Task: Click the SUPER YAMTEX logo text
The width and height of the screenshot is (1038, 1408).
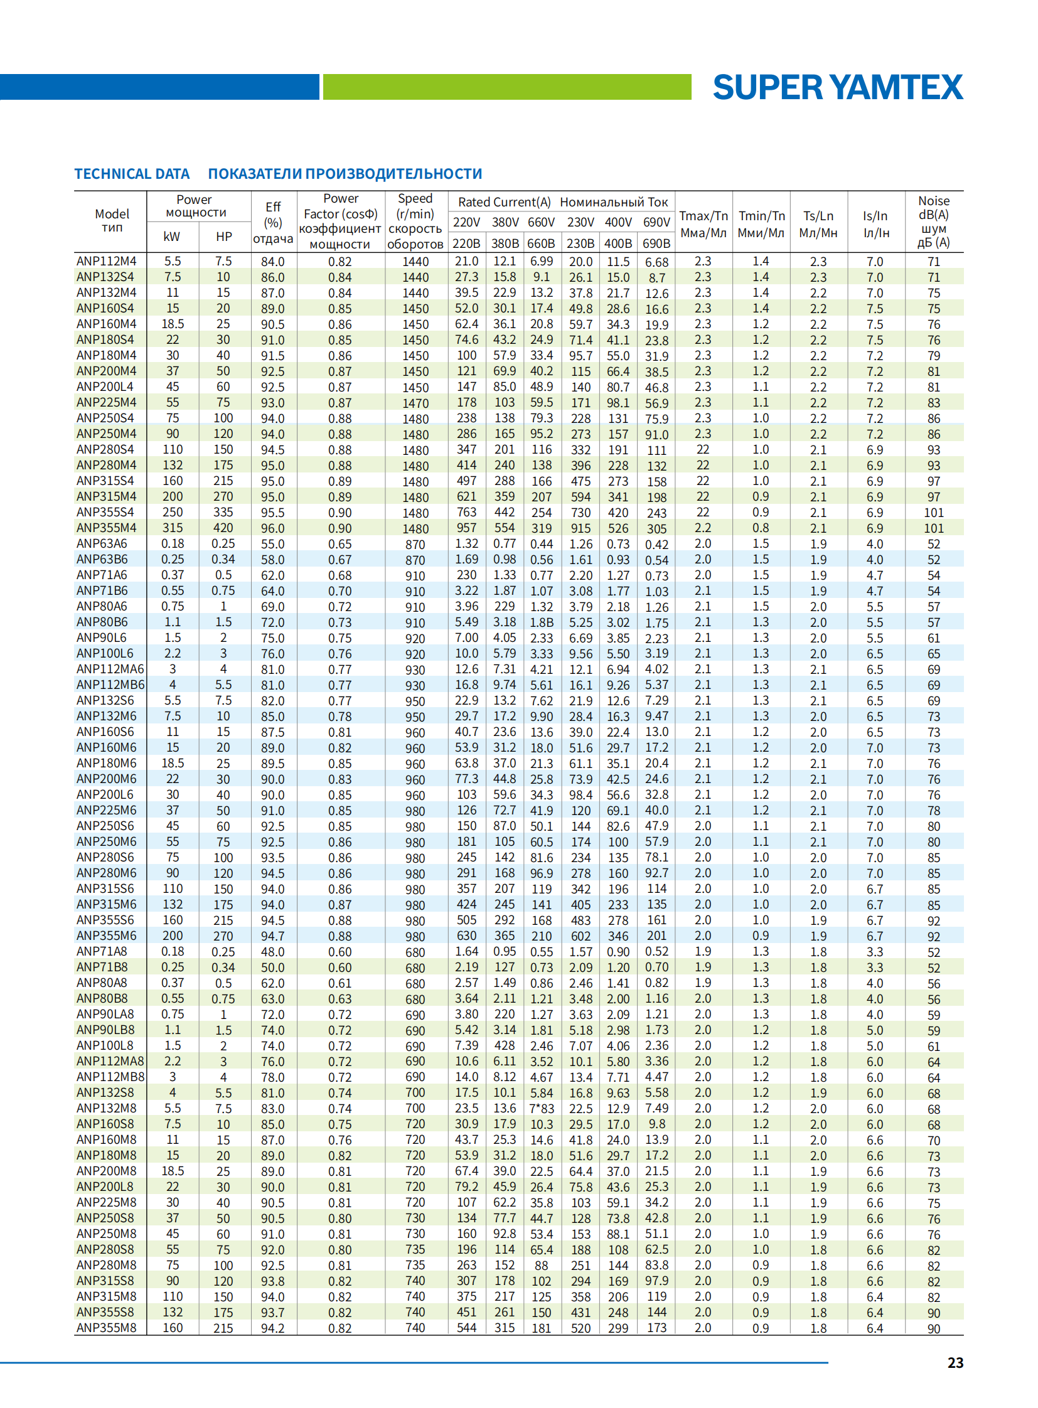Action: click(x=837, y=87)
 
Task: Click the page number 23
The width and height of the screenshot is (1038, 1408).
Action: click(x=955, y=1362)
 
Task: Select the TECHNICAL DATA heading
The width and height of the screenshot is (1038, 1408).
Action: click(x=132, y=174)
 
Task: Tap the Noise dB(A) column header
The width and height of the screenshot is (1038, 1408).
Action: click(x=934, y=221)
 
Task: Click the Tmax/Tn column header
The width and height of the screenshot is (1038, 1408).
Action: click(x=703, y=223)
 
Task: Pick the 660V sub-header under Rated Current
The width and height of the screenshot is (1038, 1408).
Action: click(x=541, y=222)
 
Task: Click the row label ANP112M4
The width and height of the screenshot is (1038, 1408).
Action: click(x=106, y=262)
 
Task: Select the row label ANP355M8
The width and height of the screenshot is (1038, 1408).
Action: click(x=106, y=1328)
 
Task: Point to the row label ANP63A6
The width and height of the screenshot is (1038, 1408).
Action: click(x=102, y=543)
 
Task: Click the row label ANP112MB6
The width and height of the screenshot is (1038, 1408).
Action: click(x=110, y=685)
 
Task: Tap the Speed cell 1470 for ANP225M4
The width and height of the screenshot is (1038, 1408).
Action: click(x=415, y=403)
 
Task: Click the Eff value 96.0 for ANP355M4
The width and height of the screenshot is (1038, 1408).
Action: click(x=273, y=528)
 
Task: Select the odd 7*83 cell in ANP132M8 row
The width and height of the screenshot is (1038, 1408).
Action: click(x=541, y=1108)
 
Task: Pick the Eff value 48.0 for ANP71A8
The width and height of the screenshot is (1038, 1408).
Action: click(x=273, y=952)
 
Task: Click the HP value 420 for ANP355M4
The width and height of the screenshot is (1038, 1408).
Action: click(x=223, y=528)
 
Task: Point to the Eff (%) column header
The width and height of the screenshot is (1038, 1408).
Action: click(x=273, y=222)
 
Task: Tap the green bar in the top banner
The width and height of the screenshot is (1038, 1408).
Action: click(x=506, y=87)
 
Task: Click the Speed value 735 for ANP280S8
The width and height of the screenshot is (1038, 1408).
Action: click(x=415, y=1249)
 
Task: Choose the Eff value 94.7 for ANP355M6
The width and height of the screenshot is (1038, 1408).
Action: click(x=273, y=936)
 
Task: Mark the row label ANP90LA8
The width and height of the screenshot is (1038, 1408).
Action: click(x=105, y=1014)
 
